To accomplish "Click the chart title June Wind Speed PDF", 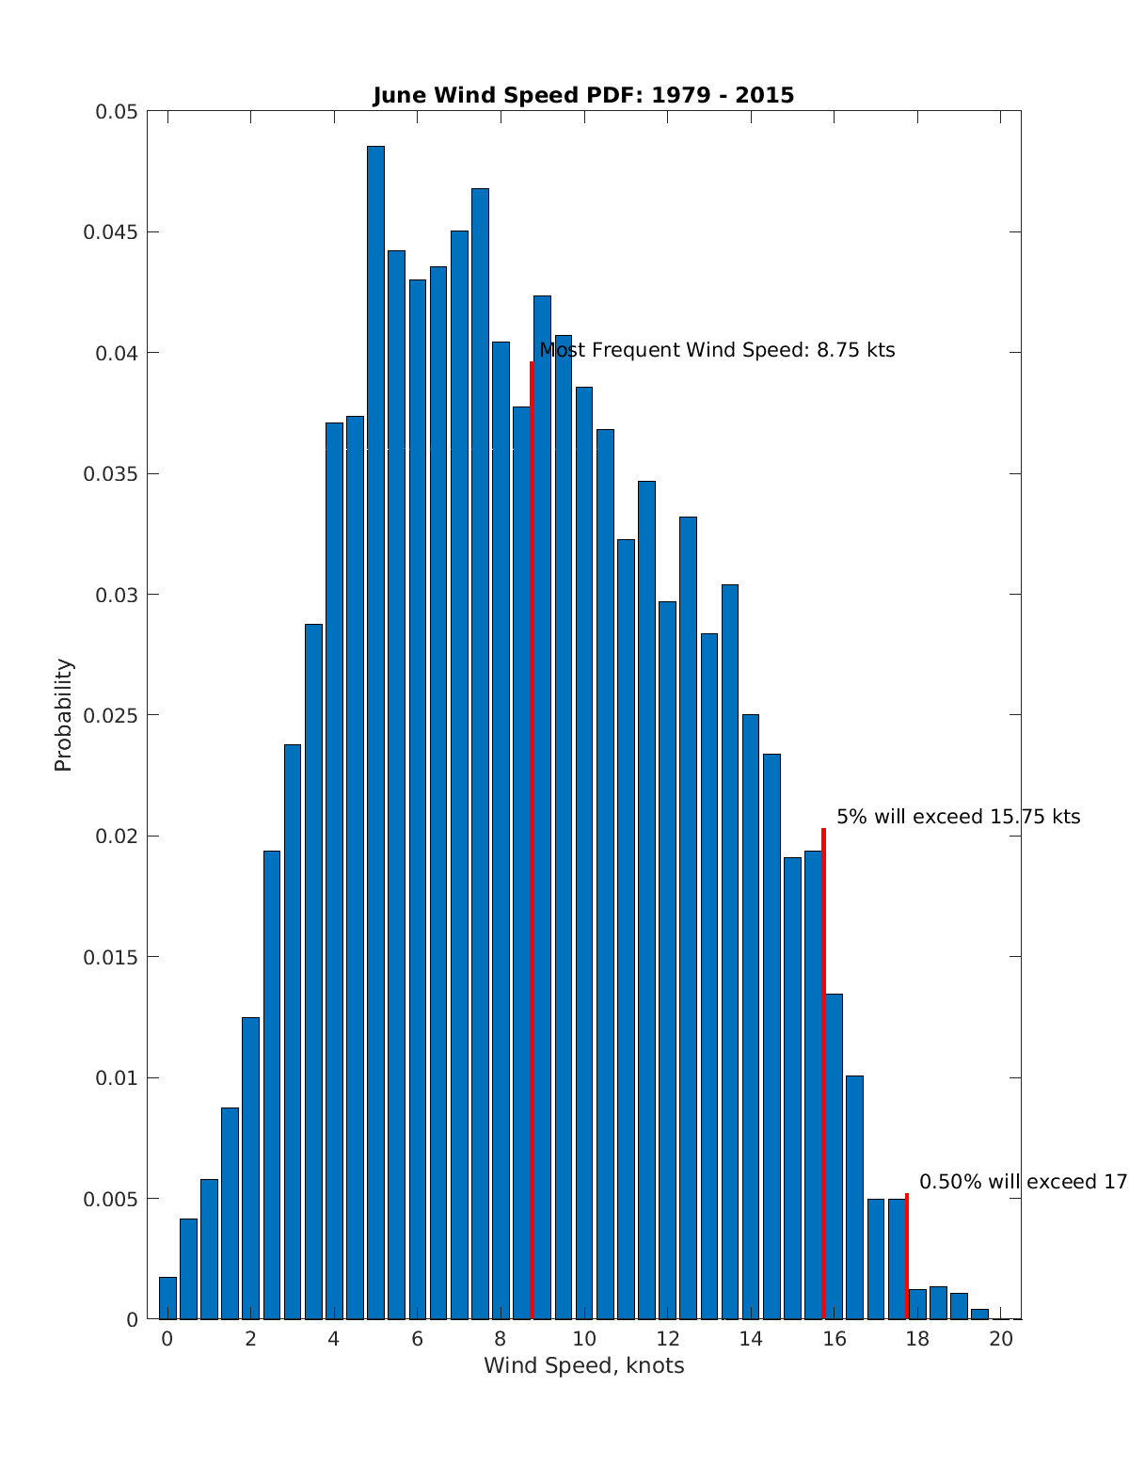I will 583,95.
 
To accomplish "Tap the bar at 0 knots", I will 167,1299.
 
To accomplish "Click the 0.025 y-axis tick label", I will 111,715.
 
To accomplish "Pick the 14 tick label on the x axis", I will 750,1339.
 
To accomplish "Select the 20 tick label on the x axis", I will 1001,1339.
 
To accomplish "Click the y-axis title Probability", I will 64,715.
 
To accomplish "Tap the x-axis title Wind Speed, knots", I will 583,1365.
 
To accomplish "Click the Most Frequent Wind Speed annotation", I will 717,351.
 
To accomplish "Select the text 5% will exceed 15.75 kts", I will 958,817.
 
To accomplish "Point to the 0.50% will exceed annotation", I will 1022,1182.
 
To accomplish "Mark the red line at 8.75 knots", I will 533,847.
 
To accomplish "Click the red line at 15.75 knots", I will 824,1073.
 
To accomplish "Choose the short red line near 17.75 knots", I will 907,1256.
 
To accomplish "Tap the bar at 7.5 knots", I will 480,753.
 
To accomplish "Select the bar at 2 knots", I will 250,1167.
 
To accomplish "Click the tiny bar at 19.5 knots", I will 979,1314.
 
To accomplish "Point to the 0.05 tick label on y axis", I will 117,112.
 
